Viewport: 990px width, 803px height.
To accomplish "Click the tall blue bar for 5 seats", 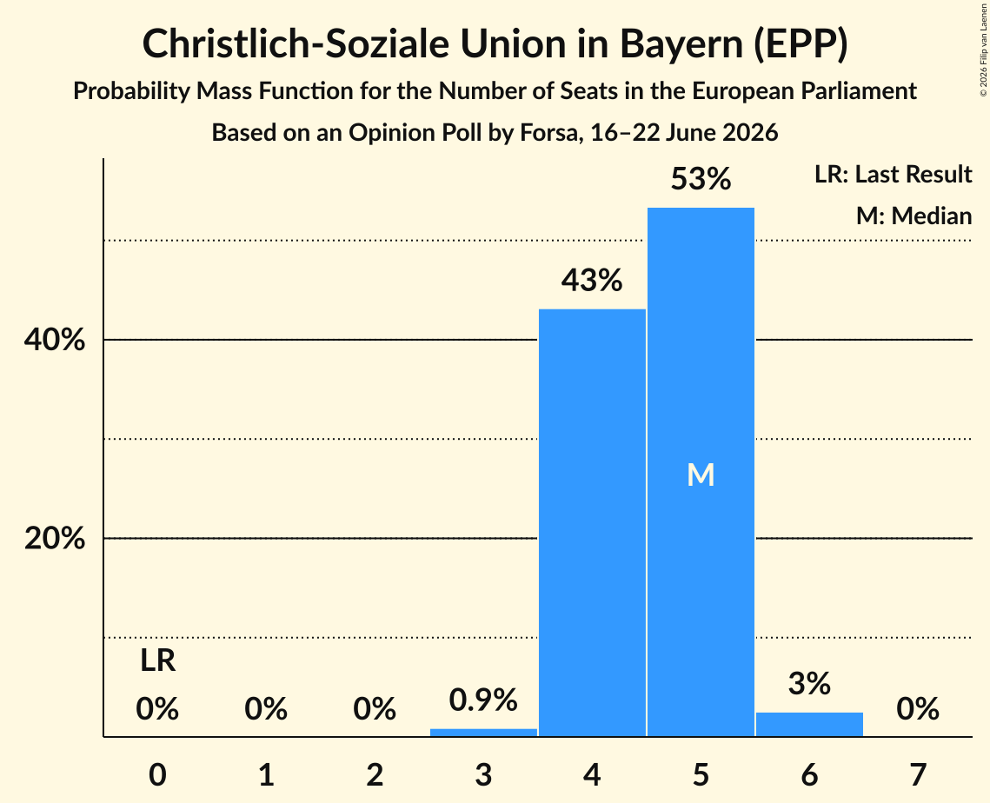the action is (x=701, y=472).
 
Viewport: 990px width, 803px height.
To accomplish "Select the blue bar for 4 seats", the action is (x=592, y=522).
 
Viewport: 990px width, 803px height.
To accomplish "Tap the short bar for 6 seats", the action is (x=809, y=724).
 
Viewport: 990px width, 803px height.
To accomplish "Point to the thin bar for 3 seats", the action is (x=483, y=733).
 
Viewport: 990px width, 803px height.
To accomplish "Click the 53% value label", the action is (x=701, y=179).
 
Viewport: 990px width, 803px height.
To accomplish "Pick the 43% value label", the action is (x=592, y=280).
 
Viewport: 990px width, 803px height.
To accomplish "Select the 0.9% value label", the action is (x=483, y=700).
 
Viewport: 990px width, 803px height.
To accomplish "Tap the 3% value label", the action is (x=809, y=683).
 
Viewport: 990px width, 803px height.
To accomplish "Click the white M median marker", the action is (x=701, y=474).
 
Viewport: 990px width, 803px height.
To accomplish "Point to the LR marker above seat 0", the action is (x=158, y=660).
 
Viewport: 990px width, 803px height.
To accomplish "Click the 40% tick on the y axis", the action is (x=55, y=340).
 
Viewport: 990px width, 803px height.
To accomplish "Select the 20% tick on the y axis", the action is (x=55, y=539).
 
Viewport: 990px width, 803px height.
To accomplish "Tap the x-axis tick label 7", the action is (x=918, y=774).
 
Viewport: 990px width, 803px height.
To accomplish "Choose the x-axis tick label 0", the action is (x=158, y=774).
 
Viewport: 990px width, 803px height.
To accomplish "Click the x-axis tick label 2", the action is (x=375, y=774).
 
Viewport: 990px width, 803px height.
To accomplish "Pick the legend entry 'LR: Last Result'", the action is (x=894, y=174).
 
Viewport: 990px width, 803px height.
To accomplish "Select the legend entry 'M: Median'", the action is (x=914, y=216).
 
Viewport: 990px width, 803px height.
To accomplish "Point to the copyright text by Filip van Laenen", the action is (x=984, y=50).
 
